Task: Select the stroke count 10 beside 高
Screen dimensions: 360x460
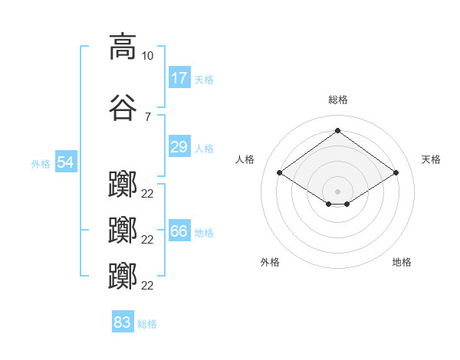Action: click(148, 56)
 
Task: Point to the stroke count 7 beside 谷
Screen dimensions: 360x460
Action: click(148, 117)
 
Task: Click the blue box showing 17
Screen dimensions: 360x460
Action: click(179, 78)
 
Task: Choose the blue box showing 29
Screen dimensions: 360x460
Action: click(179, 147)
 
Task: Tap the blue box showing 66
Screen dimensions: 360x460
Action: click(179, 231)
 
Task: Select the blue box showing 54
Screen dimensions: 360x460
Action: click(65, 162)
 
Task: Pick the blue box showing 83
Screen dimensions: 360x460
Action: click(123, 322)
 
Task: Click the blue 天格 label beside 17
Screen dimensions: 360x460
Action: click(203, 79)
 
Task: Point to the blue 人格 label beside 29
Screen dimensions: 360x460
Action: click(203, 148)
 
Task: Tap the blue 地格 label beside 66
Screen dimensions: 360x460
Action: click(203, 232)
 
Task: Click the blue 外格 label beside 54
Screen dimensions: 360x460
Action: click(41, 163)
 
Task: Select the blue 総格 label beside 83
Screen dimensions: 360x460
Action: click(147, 323)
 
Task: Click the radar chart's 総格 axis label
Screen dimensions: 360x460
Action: click(337, 100)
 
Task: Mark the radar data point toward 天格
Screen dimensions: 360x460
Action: click(396, 173)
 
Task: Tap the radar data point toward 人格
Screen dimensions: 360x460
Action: click(280, 173)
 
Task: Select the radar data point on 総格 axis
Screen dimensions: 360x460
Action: click(337, 131)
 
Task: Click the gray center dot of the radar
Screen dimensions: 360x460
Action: click(337, 191)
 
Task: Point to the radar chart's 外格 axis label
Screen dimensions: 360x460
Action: click(270, 262)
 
